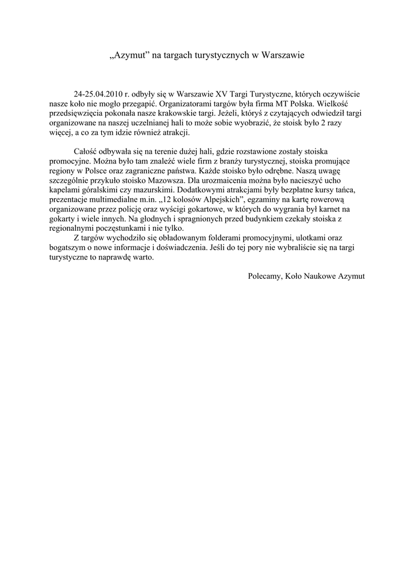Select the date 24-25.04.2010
click(x=99, y=93)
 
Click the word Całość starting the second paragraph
click(x=86, y=151)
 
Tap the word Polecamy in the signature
click(x=265, y=275)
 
